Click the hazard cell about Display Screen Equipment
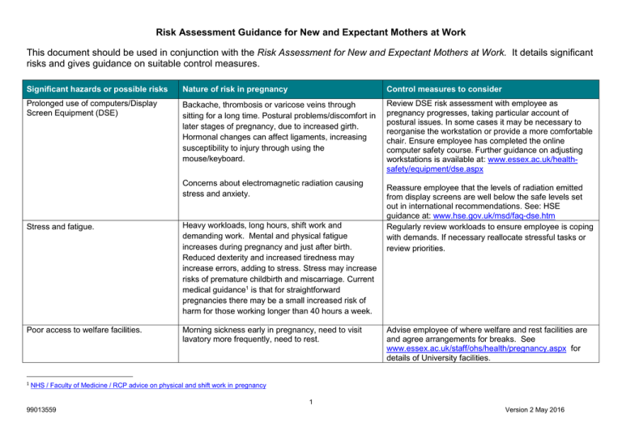point(85,109)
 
